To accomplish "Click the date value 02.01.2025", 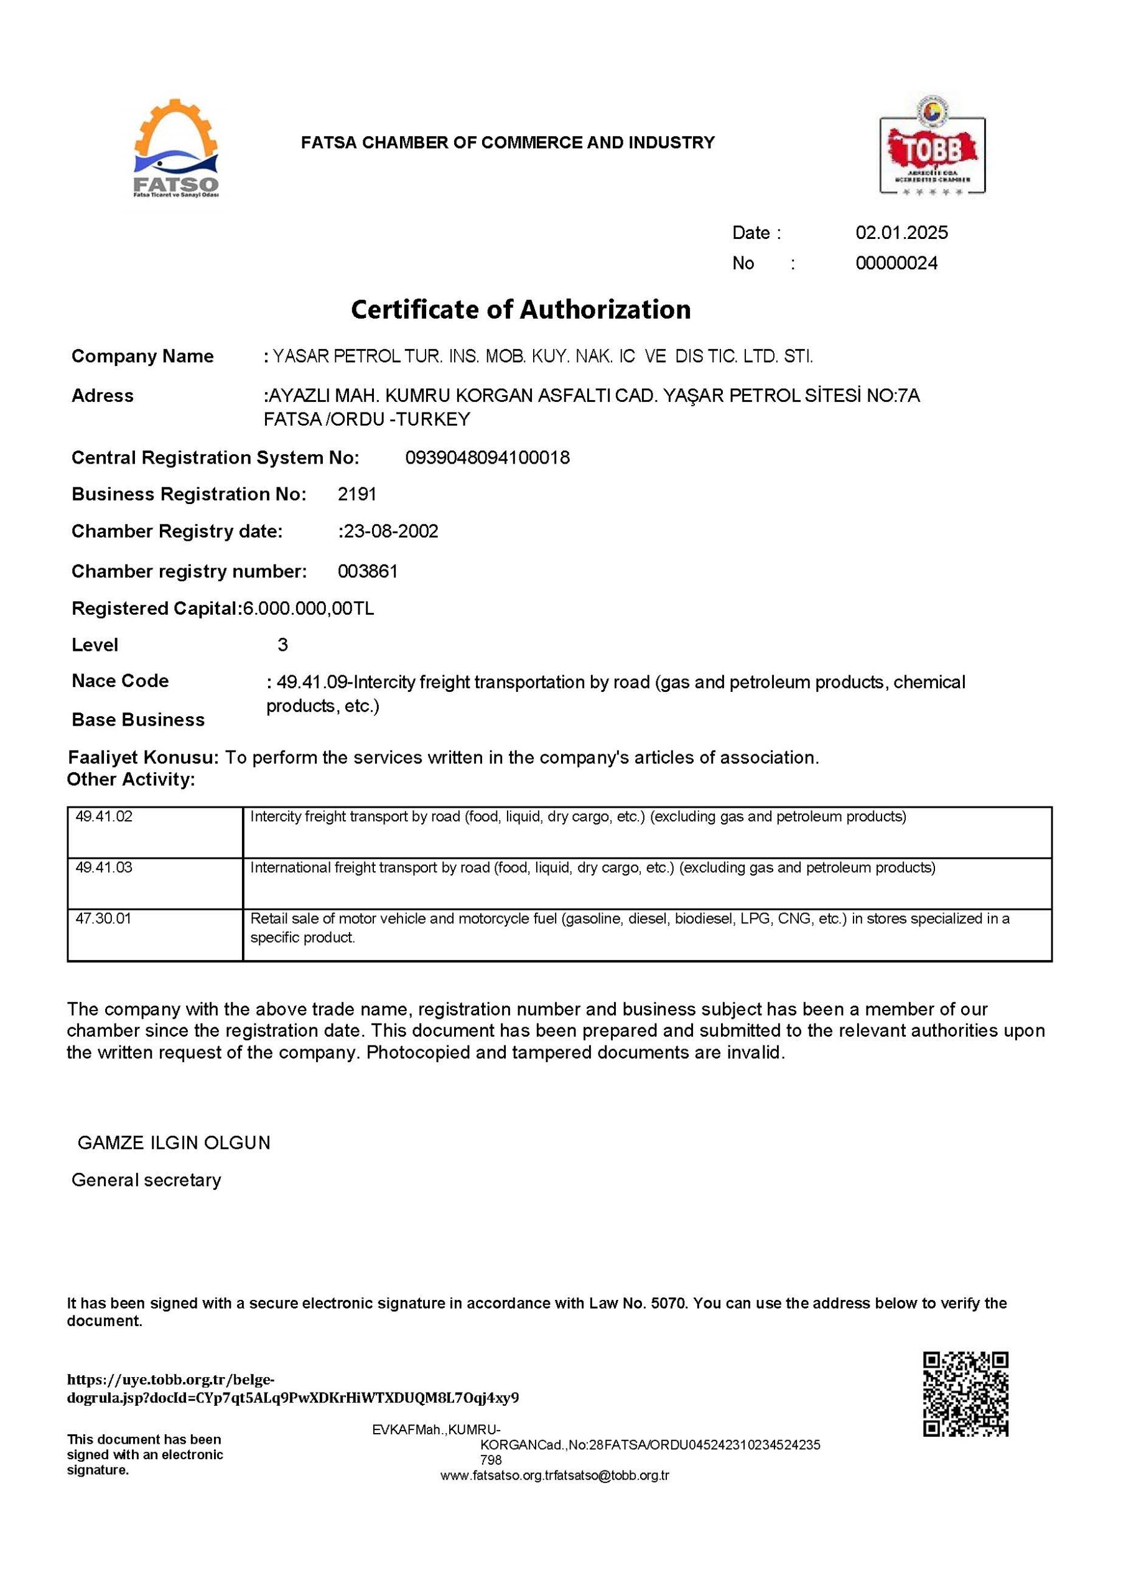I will (901, 233).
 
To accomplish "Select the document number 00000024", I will (896, 263).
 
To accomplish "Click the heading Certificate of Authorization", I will (520, 309).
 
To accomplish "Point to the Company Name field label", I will (142, 356).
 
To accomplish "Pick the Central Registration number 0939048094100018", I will (487, 458).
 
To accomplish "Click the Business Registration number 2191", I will (356, 494).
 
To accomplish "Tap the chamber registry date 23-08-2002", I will (391, 531).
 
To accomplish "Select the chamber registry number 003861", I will (368, 571).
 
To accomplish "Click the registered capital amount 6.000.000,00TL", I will (307, 609).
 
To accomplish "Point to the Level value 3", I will (282, 645).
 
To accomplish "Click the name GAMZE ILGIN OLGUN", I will (174, 1142).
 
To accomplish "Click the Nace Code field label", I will (120, 681).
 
